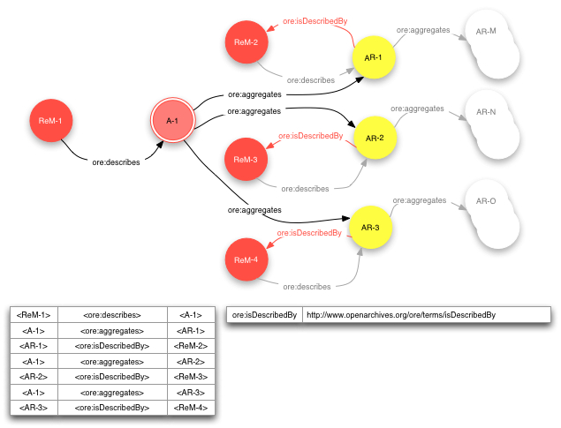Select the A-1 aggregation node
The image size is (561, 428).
pos(173,121)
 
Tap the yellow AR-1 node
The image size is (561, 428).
pos(373,58)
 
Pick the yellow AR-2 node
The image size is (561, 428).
pos(375,139)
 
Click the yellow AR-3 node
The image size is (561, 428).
pos(370,228)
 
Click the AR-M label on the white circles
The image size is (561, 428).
pos(486,32)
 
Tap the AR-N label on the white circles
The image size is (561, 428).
pos(486,112)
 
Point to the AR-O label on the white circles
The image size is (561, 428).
pos(486,201)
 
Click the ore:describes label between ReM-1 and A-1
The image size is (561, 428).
pos(116,162)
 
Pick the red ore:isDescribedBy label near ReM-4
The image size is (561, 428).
pos(309,233)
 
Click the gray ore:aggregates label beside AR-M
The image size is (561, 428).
pos(422,30)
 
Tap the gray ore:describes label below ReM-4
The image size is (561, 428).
pos(307,286)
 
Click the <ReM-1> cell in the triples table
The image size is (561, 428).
pos(34,314)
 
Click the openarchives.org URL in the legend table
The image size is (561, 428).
pos(399,314)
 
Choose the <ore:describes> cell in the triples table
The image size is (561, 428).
pos(112,314)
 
